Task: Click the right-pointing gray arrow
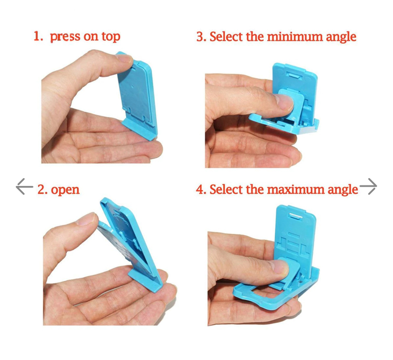click(x=368, y=187)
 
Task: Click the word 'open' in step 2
click(x=65, y=189)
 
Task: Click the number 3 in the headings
click(x=200, y=37)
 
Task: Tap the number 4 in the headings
click(x=200, y=189)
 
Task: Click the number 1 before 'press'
click(x=37, y=37)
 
